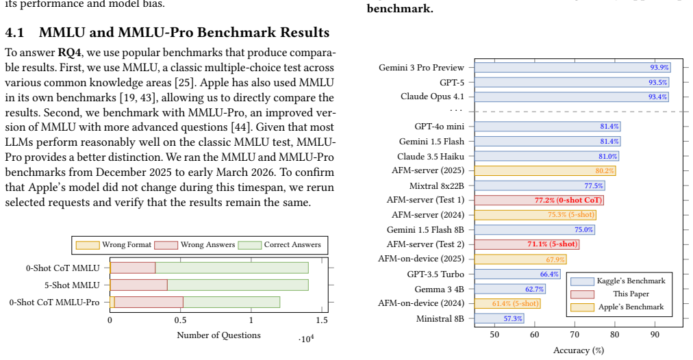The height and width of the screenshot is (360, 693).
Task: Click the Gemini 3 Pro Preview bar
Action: point(572,67)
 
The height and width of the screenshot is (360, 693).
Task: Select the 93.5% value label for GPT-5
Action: point(657,83)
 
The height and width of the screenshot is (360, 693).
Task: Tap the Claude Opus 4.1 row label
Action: point(432,97)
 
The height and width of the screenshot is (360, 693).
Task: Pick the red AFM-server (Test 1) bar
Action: point(539,200)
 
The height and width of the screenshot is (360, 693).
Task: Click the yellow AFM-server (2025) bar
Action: point(545,171)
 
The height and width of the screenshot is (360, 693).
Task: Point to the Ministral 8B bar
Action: point(499,318)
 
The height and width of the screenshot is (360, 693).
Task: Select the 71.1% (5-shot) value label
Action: point(553,244)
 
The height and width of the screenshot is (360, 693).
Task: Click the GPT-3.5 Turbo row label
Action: point(436,274)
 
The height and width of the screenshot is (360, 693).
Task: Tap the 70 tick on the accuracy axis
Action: point(575,335)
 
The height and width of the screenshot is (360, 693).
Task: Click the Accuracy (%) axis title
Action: point(579,350)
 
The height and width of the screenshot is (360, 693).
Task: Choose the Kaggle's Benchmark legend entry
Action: point(618,281)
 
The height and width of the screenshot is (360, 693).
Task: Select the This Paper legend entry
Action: point(618,294)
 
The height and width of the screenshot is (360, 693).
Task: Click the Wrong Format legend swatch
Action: point(88,245)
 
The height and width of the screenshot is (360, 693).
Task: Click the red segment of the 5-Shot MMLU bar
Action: point(139,285)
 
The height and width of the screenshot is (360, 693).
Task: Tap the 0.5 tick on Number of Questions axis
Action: point(180,320)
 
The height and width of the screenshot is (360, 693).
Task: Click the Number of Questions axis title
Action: point(218,335)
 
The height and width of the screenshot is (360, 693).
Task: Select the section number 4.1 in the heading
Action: point(14,33)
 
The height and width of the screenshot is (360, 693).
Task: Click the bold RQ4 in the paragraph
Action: point(69,53)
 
